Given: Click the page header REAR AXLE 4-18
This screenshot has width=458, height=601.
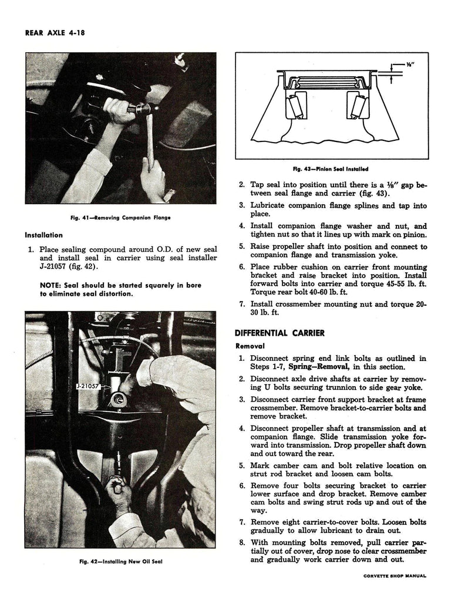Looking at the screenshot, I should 56,33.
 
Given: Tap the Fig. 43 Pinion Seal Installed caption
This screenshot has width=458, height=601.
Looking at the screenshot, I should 332,169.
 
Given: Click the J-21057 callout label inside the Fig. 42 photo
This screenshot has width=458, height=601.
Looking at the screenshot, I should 89,387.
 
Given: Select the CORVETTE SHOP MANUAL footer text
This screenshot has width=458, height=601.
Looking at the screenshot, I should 394,576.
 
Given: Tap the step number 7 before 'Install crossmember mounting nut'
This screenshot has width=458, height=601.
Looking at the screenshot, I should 242,305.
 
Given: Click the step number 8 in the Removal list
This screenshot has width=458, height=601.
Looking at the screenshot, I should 242,542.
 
